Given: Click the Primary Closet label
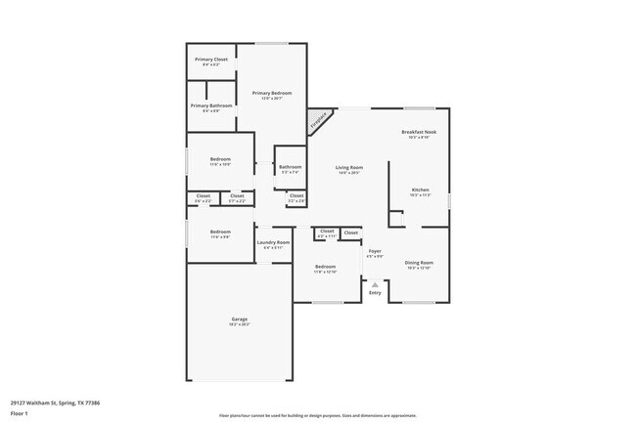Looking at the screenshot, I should pos(211,61).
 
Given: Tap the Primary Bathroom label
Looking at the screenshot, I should pos(211,106).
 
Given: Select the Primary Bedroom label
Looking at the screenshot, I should pos(273,94).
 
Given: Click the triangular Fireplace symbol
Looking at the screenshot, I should pos(318,120).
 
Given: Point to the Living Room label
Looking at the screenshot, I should pos(349,169).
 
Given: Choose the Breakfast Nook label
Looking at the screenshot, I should pos(419,133).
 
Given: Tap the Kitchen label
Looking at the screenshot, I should pos(420,191).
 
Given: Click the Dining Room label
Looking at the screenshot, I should pos(419,264).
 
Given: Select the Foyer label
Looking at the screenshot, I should pos(375,253).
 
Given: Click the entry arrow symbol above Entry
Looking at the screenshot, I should pos(375,285).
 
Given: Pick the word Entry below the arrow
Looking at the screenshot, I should pos(375,293).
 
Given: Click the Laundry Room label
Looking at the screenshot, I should pos(273,243).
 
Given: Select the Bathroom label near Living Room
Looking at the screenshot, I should pos(291,168).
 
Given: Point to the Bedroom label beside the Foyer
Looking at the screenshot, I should pos(325,268).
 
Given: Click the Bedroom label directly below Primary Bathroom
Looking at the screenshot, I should pos(220,160).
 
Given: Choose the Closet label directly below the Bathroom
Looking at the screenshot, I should pos(295,196).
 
